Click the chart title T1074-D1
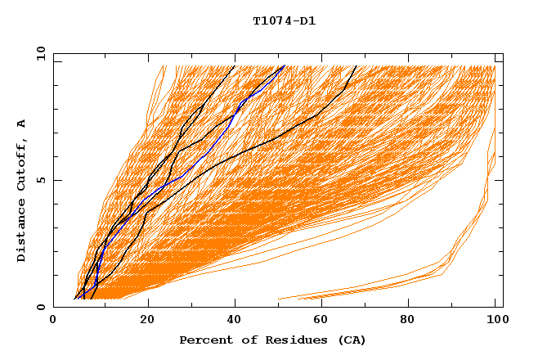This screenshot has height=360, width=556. click(284, 21)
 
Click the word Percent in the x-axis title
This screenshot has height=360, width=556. click(203, 340)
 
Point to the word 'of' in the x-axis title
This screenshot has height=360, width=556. click(241, 340)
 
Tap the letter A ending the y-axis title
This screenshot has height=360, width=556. click(21, 123)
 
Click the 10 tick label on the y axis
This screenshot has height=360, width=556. click(38, 53)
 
